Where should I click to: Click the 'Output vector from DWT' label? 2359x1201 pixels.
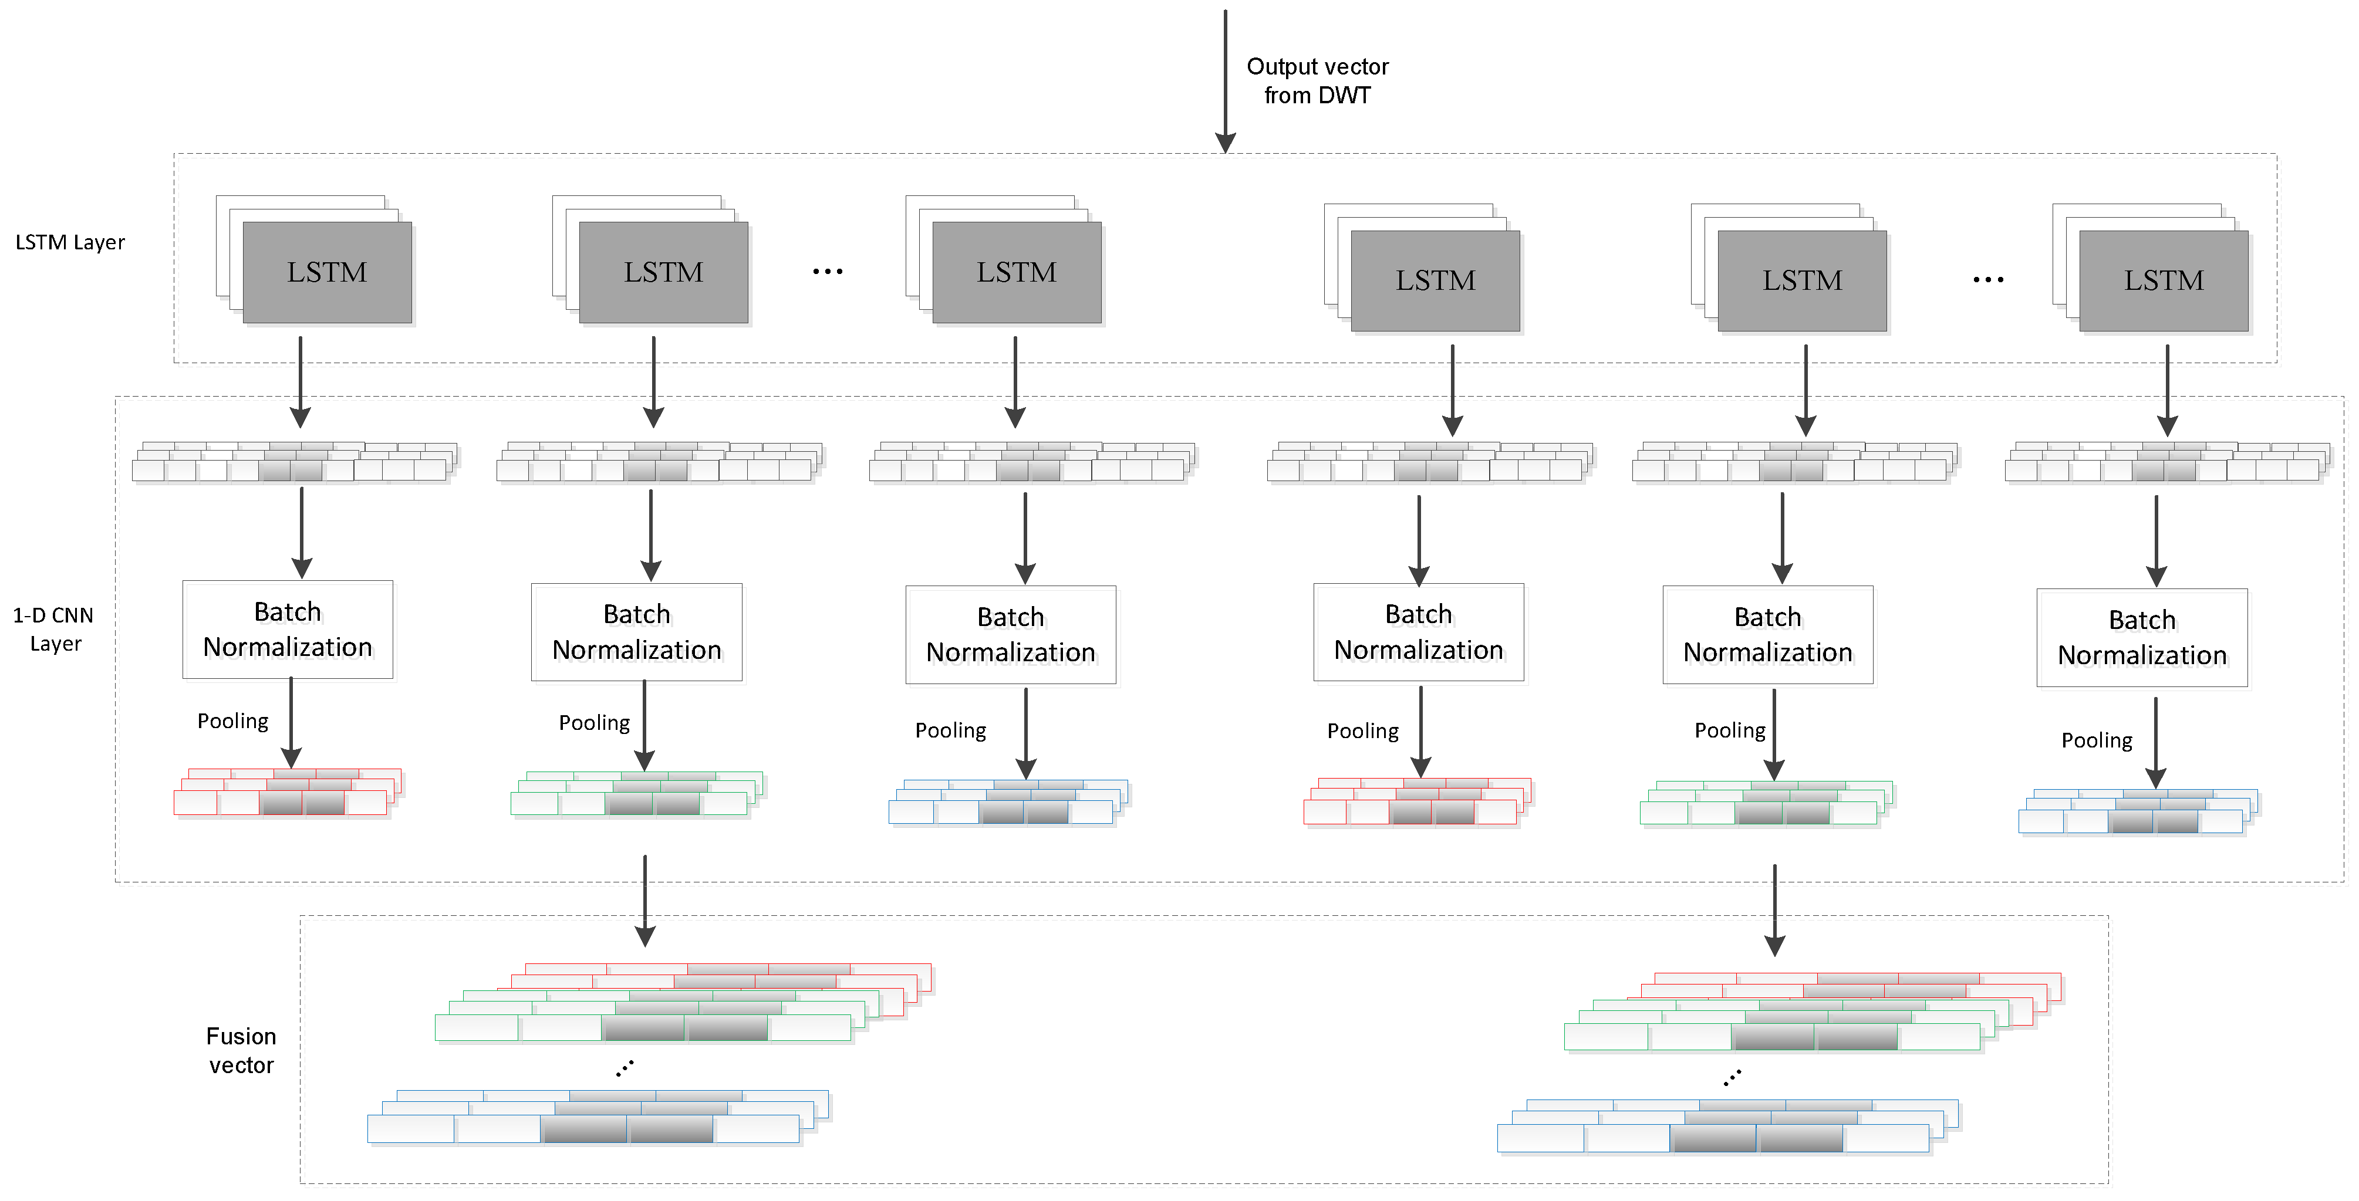point(1317,80)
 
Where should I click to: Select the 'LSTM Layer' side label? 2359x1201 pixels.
point(70,242)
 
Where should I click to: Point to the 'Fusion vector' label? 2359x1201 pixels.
point(241,1050)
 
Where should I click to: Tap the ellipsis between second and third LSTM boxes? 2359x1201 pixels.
point(827,272)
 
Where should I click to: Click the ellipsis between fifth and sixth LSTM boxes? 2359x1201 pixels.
point(1987,280)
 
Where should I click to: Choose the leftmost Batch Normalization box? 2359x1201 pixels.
point(288,630)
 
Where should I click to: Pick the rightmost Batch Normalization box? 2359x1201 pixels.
point(2141,638)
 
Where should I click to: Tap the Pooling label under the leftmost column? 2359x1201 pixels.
point(232,721)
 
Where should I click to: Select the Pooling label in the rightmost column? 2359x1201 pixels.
point(2096,740)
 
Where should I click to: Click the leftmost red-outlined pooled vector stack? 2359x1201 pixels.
point(286,793)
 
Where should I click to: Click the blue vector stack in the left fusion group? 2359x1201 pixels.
point(595,1117)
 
